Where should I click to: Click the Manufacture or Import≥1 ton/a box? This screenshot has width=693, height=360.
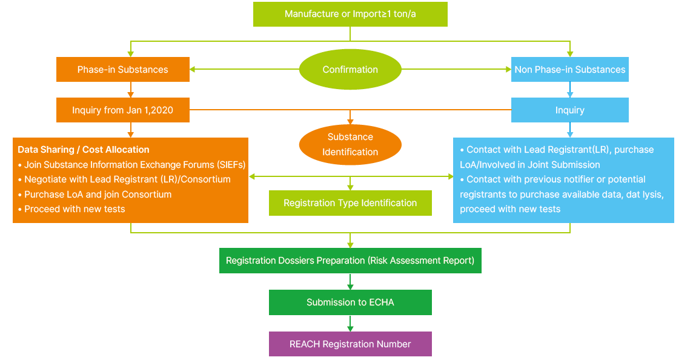click(x=350, y=14)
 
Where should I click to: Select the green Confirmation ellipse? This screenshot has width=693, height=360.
click(x=350, y=70)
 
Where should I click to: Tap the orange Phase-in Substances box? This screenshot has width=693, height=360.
click(x=123, y=70)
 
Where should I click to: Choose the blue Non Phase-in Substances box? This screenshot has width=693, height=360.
click(x=569, y=70)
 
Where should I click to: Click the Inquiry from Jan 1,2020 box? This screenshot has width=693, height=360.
click(x=123, y=110)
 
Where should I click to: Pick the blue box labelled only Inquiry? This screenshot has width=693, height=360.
click(x=569, y=110)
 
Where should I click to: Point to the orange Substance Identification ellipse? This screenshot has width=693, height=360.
click(x=350, y=144)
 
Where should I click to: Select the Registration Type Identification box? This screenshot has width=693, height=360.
click(x=350, y=203)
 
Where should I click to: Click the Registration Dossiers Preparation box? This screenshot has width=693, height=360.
click(x=350, y=261)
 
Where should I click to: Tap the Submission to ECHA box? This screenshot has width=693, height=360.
click(x=350, y=302)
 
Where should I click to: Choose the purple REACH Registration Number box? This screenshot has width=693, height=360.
click(x=350, y=344)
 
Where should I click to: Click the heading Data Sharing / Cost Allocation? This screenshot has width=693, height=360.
click(x=84, y=150)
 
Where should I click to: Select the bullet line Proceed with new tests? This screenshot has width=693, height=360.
click(x=75, y=209)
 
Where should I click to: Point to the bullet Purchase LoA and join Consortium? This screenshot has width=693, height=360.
click(x=98, y=195)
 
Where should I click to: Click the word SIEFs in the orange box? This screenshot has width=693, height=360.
click(x=230, y=164)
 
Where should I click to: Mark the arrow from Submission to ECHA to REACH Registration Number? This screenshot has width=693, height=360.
click(x=350, y=324)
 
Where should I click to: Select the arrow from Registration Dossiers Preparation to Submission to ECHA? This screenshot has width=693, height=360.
click(x=350, y=282)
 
